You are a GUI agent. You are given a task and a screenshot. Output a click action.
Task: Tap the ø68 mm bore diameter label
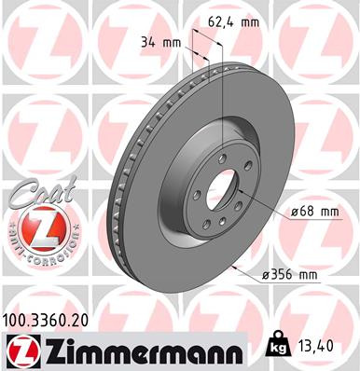pos(315,212)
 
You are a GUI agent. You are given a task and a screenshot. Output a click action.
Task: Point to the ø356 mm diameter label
pos(292,274)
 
